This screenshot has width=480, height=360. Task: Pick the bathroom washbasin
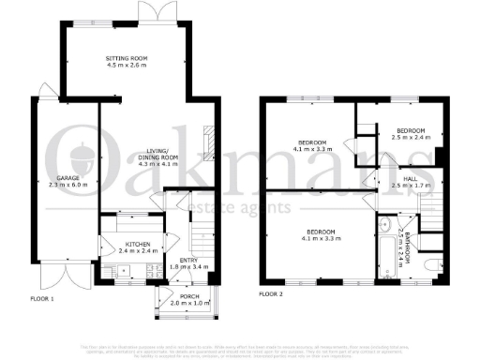[x=385, y=223]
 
